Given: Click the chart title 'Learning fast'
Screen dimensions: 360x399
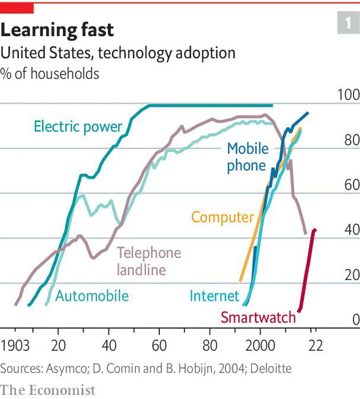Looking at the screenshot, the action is tap(57, 31).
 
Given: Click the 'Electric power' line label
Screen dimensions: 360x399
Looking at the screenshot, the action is tap(78, 127).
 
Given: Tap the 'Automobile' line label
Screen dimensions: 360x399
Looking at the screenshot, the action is tap(92, 296).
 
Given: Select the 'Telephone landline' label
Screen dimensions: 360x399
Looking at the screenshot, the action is tap(149, 261).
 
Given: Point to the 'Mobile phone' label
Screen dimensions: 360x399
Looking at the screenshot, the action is tap(247, 157).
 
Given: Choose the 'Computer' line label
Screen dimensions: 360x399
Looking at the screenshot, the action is tap(223, 218).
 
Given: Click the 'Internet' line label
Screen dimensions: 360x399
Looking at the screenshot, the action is tap(214, 296).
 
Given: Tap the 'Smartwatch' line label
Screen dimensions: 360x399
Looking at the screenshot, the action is tap(258, 317).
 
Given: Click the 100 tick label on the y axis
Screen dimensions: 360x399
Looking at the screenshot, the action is tap(349, 95).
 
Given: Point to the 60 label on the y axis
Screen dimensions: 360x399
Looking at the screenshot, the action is tap(352, 185).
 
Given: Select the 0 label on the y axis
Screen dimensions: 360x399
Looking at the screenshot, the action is tap(356, 320).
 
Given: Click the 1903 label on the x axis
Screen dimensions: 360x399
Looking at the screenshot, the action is tap(15, 346).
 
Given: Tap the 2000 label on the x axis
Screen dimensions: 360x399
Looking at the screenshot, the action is tap(260, 346).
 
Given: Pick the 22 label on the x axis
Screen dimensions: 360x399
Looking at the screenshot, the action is tap(316, 346).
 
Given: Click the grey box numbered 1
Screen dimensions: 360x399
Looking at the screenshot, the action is tap(349, 22).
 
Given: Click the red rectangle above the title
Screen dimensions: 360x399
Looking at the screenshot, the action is tap(17, 8).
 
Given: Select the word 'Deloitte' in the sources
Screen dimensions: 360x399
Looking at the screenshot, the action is tap(271, 368).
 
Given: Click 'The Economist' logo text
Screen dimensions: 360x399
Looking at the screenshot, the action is tap(47, 390).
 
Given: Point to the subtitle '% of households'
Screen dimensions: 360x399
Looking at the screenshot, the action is tap(50, 74).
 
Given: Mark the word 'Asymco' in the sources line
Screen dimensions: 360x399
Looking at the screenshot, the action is tap(67, 369).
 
